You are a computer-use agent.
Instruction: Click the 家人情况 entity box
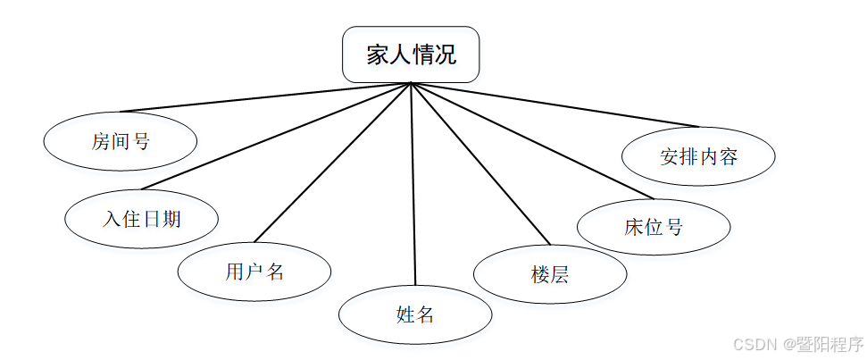click(411, 54)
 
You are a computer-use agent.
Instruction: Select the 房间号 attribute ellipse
click(120, 140)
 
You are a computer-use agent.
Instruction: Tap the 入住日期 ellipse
click(141, 217)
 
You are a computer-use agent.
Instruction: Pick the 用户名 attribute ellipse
click(254, 271)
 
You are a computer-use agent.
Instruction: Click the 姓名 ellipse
click(414, 314)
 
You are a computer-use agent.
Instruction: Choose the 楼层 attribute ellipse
click(549, 273)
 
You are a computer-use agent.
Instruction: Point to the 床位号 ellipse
click(653, 226)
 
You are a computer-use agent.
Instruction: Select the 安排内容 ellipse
click(698, 157)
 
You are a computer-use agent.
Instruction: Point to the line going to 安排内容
click(554, 104)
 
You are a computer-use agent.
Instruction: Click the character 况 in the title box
click(446, 54)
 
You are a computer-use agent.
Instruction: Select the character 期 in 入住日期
click(171, 217)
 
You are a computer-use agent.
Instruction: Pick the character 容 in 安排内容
click(729, 157)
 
